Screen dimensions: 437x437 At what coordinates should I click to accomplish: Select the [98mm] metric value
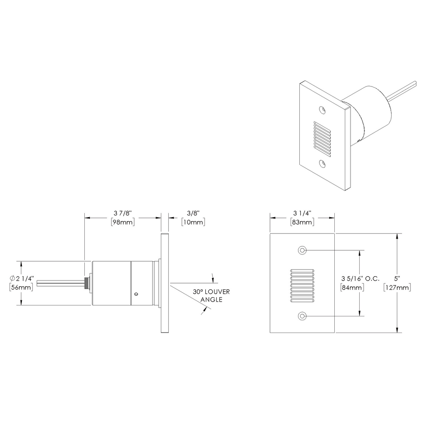coord(122,222)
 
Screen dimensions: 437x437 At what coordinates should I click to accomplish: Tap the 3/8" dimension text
coord(193,213)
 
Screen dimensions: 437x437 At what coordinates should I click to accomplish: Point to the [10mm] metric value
coord(193,222)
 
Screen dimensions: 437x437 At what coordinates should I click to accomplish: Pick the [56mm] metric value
coord(21,287)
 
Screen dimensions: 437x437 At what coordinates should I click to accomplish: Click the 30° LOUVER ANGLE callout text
coord(211,295)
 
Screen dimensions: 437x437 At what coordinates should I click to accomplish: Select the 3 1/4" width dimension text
coord(302,213)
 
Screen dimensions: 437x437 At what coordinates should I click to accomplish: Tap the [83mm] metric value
coord(302,222)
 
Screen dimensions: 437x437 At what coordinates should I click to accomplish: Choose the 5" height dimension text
coord(397,278)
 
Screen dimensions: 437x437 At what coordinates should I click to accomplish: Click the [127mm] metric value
coord(397,287)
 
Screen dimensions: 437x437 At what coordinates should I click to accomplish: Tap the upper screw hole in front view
coord(302,250)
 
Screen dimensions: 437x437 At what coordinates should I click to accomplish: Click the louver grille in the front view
coord(302,285)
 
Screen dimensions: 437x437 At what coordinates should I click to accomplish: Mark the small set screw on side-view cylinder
coord(137,295)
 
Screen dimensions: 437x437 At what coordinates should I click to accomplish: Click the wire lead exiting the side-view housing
coord(61,284)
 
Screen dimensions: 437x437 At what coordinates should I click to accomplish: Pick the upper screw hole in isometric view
coord(323,109)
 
